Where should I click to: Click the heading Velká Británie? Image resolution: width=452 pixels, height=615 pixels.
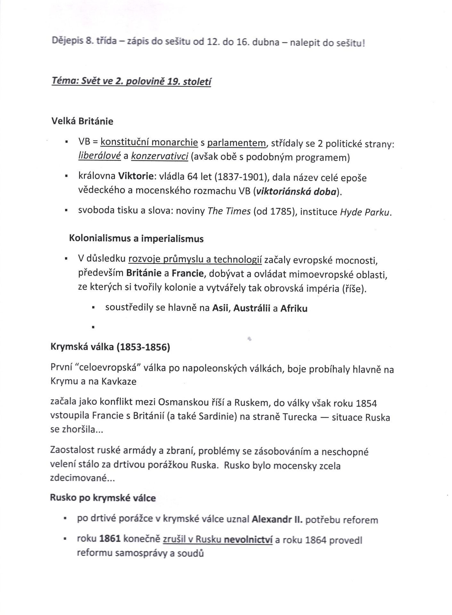pyautogui.click(x=82, y=121)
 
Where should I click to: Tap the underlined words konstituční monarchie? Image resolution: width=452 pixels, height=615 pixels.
pyautogui.click(x=149, y=142)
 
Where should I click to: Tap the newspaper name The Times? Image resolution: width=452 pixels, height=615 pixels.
pyautogui.click(x=229, y=212)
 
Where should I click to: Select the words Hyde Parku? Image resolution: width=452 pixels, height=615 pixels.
pyautogui.click(x=365, y=212)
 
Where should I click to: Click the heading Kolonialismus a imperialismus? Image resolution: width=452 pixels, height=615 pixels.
pyautogui.click(x=136, y=239)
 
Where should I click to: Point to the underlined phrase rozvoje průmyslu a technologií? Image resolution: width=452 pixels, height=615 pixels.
pyautogui.click(x=195, y=259)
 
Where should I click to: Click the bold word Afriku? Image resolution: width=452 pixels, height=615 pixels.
pyautogui.click(x=294, y=308)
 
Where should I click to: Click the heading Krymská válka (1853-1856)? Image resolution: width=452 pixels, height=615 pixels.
pyautogui.click(x=110, y=348)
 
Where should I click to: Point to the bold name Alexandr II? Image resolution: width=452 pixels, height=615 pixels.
pyautogui.click(x=277, y=519)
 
